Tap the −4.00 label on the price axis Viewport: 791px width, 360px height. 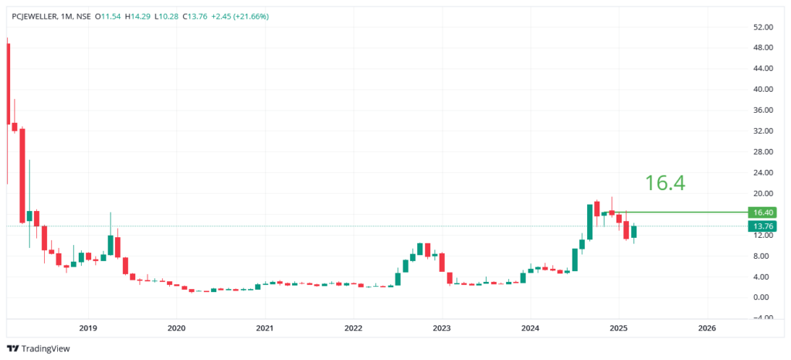[762, 318]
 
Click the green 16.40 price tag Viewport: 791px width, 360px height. [762, 212]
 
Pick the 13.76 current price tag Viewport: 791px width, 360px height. [762, 226]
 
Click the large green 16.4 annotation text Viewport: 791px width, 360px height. [665, 183]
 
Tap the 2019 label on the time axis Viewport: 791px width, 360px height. [88, 328]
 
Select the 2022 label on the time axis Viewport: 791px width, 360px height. [353, 328]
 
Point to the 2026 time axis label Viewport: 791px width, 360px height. [706, 328]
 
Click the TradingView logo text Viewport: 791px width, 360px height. [46, 348]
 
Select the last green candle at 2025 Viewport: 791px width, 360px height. [633, 231]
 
